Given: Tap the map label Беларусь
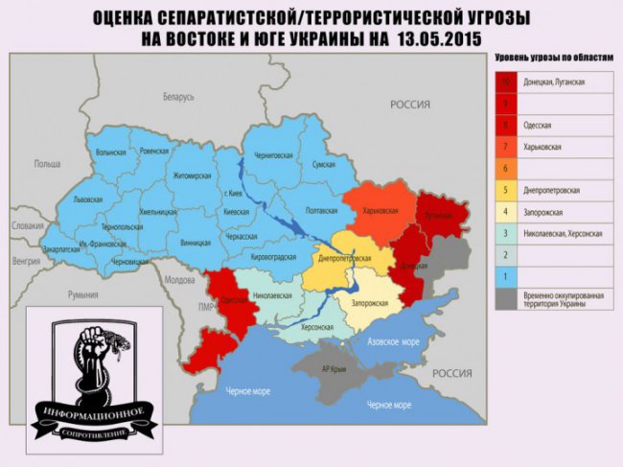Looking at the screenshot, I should click(x=178, y=97).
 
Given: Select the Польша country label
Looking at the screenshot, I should click(x=47, y=164).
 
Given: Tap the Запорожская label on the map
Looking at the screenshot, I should click(x=370, y=302).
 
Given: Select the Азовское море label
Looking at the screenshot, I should click(x=396, y=340).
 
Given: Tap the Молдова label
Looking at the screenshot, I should click(x=179, y=280).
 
